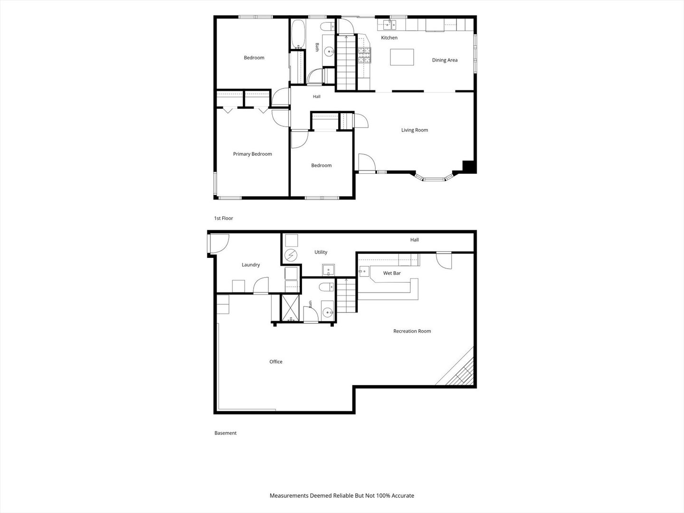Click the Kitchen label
389,38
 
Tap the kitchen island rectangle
402,57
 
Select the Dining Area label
445,60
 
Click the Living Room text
415,130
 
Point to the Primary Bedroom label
252,154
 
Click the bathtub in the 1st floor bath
298,34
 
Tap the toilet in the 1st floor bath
327,27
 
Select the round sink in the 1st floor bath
329,51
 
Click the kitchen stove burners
365,55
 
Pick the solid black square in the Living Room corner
468,166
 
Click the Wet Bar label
392,273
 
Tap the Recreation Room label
412,331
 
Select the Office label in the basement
276,361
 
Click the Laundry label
250,265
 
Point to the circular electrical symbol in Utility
291,256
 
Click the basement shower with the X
290,308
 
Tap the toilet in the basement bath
327,286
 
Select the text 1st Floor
223,218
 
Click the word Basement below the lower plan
225,433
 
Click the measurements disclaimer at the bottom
342,495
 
